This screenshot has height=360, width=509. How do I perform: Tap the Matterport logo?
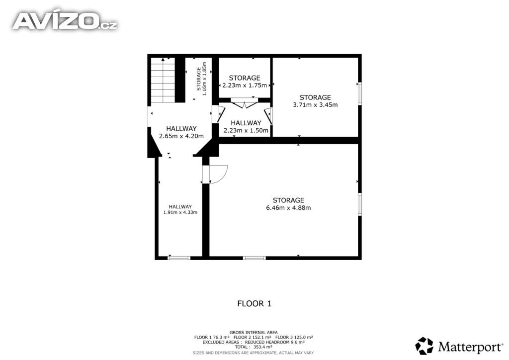(459, 346)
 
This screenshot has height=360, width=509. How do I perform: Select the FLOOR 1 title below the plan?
(254, 304)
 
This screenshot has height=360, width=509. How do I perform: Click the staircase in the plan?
(163, 80)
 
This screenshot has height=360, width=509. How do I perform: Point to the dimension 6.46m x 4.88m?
(288, 208)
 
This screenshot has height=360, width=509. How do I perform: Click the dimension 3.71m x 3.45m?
(315, 105)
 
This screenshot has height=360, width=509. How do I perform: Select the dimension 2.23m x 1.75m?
(245, 86)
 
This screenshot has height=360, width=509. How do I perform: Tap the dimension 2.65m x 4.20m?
(181, 136)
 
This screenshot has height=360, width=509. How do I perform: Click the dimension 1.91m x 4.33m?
(180, 212)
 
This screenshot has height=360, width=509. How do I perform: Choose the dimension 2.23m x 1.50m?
(246, 130)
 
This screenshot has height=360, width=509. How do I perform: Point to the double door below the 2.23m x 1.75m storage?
(244, 103)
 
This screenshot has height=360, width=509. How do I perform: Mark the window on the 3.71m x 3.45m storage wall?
(360, 93)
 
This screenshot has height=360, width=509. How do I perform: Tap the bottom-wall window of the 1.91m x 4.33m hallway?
(179, 258)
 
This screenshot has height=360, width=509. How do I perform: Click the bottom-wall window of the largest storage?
(254, 258)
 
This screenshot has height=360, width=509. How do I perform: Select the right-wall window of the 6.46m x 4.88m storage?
(360, 204)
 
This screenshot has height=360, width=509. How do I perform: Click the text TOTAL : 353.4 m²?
(254, 347)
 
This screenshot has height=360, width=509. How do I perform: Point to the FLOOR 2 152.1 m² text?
(252, 337)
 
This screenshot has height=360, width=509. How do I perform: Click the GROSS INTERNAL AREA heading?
(254, 333)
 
